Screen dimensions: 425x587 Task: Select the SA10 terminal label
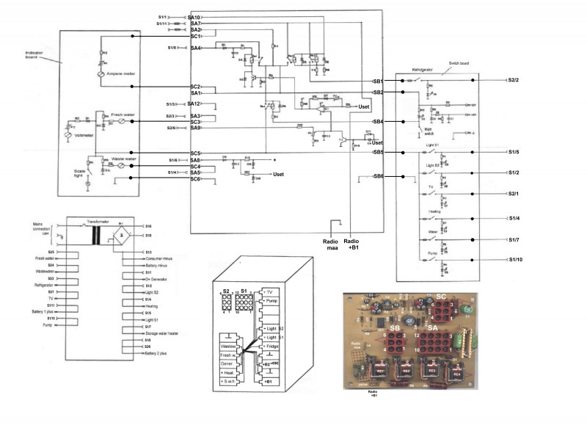[194, 16]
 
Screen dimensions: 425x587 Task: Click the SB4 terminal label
[378, 121]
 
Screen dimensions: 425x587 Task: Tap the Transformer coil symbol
[96, 236]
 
